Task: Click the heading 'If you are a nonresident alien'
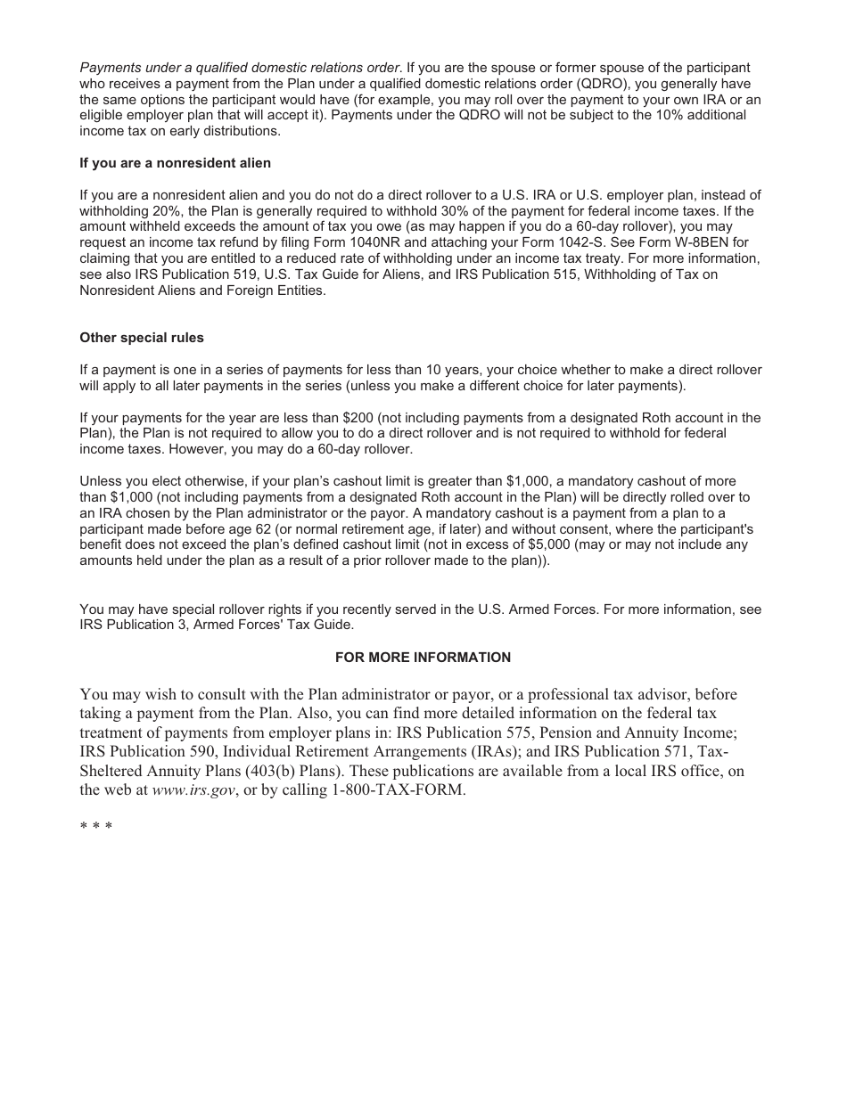click(x=175, y=163)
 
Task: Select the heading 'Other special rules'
click(x=142, y=338)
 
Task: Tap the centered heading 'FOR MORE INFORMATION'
click(x=423, y=658)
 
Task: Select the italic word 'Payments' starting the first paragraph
click(x=109, y=68)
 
